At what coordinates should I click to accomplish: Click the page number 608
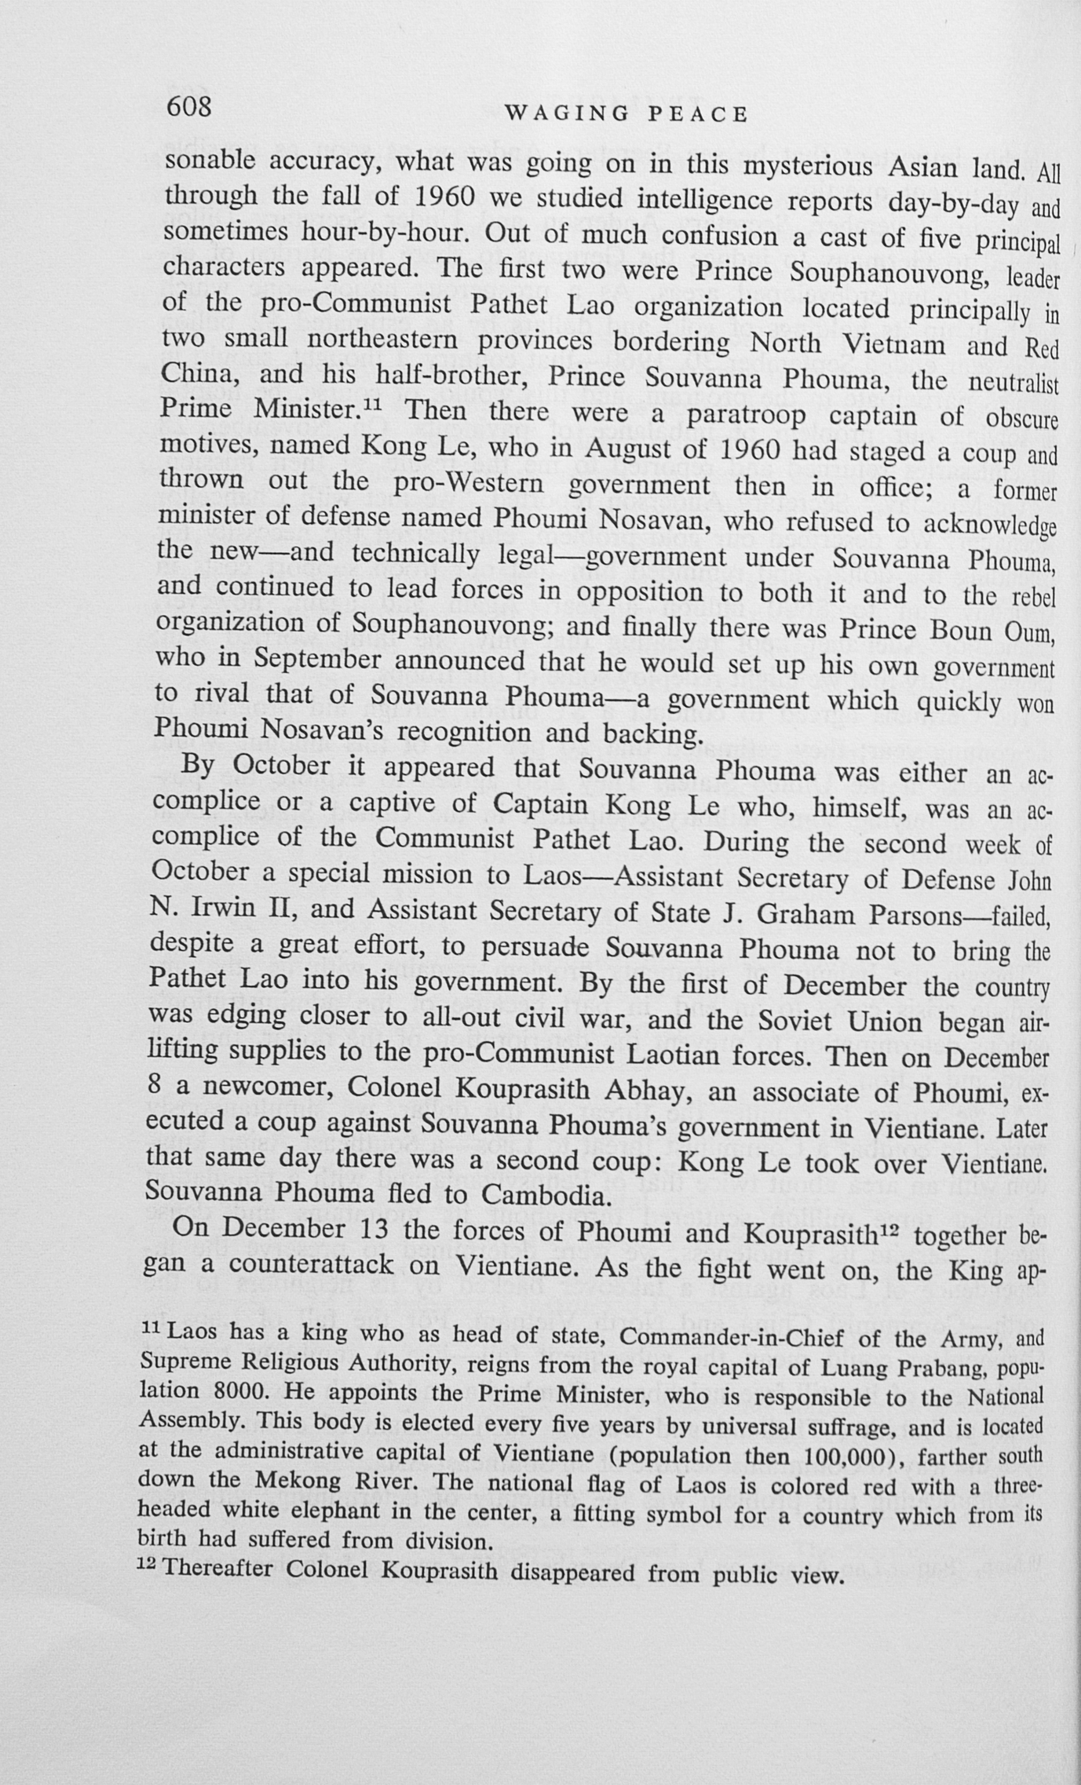(189, 107)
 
